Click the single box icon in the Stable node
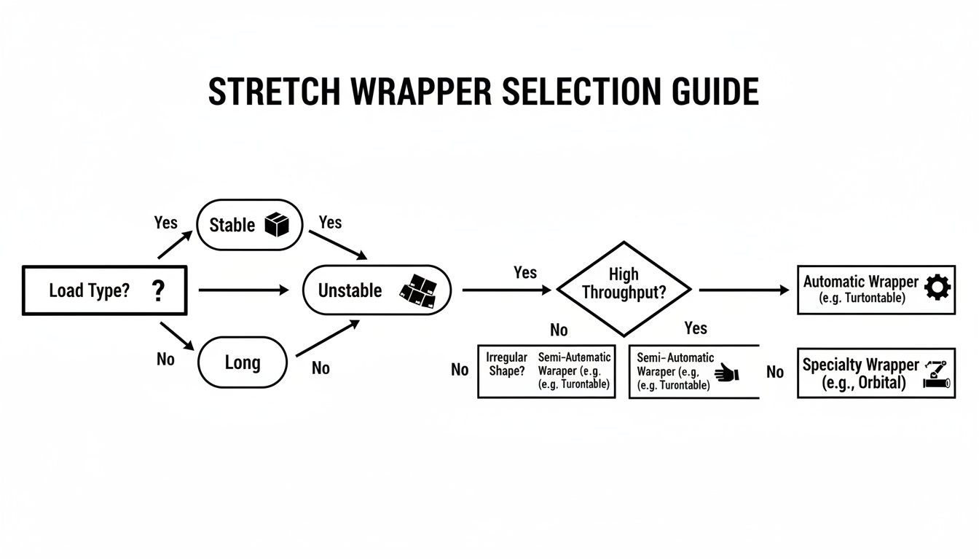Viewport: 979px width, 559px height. pyautogui.click(x=277, y=225)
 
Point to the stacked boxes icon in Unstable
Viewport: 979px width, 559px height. pyautogui.click(x=418, y=290)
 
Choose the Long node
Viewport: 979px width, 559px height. pyautogui.click(x=242, y=362)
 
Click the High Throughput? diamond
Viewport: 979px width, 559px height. pyautogui.click(x=623, y=289)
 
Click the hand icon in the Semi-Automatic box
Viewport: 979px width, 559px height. pyautogui.click(x=726, y=373)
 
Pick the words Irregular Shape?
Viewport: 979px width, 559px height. pyautogui.click(x=506, y=365)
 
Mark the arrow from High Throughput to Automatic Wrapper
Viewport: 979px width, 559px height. pyautogui.click(x=743, y=290)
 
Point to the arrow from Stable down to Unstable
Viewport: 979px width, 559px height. pyautogui.click(x=337, y=245)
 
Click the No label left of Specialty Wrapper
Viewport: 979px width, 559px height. pyautogui.click(x=775, y=373)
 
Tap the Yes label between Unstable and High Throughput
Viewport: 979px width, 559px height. pyautogui.click(x=524, y=273)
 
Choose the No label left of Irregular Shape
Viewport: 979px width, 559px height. pyautogui.click(x=460, y=370)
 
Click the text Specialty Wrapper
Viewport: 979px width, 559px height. pyautogui.click(x=860, y=365)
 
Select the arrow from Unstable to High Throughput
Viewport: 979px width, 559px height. pyautogui.click(x=506, y=290)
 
